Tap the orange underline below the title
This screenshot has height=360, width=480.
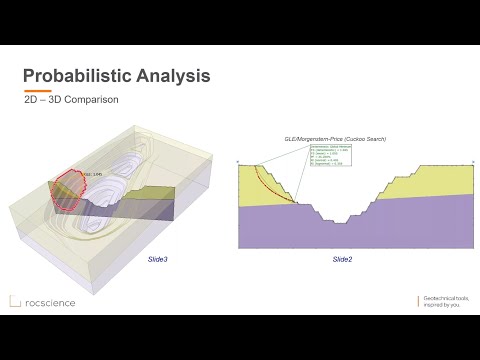pyautogui.click(x=37, y=91)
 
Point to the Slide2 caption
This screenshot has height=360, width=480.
pyautogui.click(x=342, y=259)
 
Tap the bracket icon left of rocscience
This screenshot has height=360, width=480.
pyautogui.click(x=15, y=300)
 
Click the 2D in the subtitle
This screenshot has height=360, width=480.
pyautogui.click(x=32, y=102)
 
